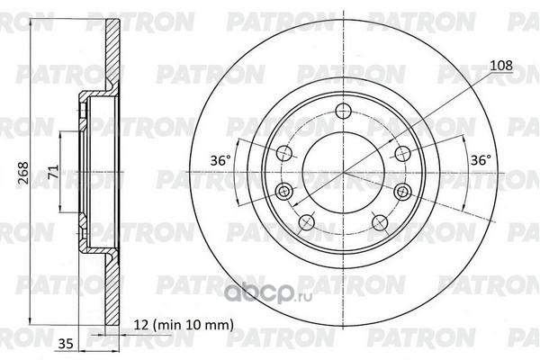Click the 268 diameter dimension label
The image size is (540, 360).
(x=23, y=173)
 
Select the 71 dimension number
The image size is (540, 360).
(x=53, y=172)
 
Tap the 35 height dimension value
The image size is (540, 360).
(x=66, y=344)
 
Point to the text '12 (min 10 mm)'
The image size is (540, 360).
(x=184, y=325)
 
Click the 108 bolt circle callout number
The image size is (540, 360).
(x=501, y=66)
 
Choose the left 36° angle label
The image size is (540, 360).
(x=220, y=160)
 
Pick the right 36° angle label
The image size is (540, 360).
(x=481, y=160)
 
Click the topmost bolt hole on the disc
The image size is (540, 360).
(x=344, y=110)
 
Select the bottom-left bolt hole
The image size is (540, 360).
(x=307, y=222)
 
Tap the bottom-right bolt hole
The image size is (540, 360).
(x=380, y=223)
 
